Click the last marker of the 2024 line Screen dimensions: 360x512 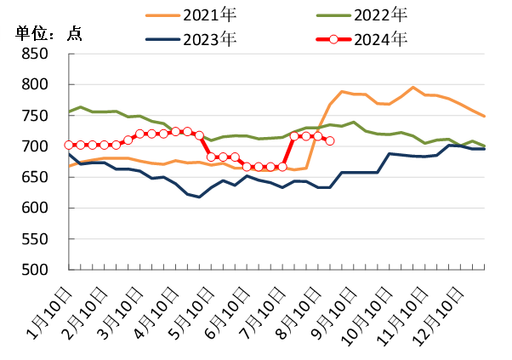330,140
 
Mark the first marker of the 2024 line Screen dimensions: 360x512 69,145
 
